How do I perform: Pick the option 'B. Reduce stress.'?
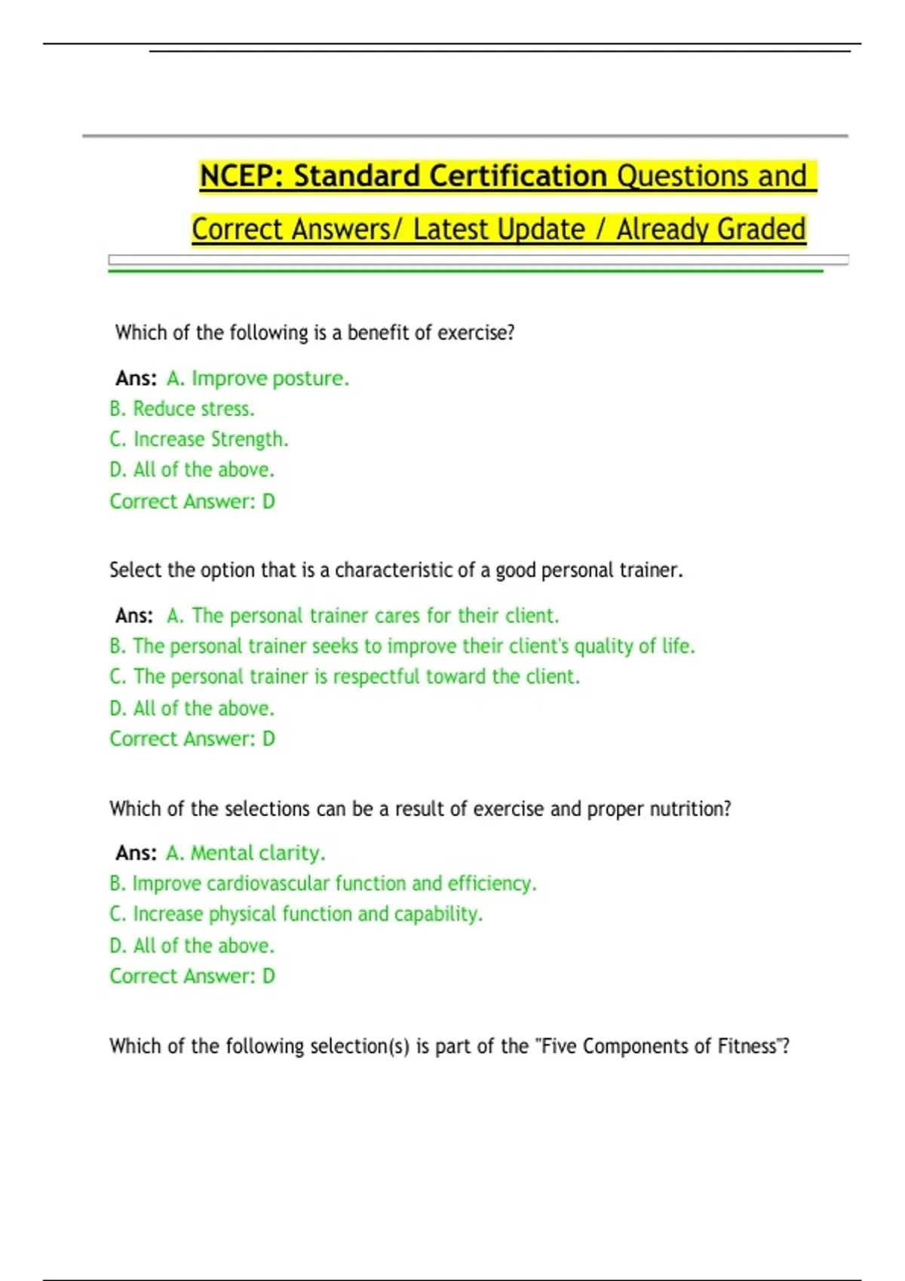pos(182,408)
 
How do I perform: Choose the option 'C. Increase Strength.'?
pos(199,439)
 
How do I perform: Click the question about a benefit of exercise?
pos(314,332)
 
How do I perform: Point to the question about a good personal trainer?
pos(396,570)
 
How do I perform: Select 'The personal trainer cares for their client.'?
pos(363,616)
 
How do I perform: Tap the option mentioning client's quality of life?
pos(402,647)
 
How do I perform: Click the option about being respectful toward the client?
pos(345,677)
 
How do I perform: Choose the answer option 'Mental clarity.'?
pos(246,853)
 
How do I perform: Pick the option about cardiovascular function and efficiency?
pos(323,883)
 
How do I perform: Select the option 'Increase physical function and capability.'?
pos(296,914)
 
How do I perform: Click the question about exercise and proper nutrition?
pos(420,809)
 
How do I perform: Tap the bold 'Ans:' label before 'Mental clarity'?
pos(136,853)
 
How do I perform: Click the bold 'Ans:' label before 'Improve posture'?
pos(136,378)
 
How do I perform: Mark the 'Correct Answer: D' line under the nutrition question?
pos(192,976)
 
